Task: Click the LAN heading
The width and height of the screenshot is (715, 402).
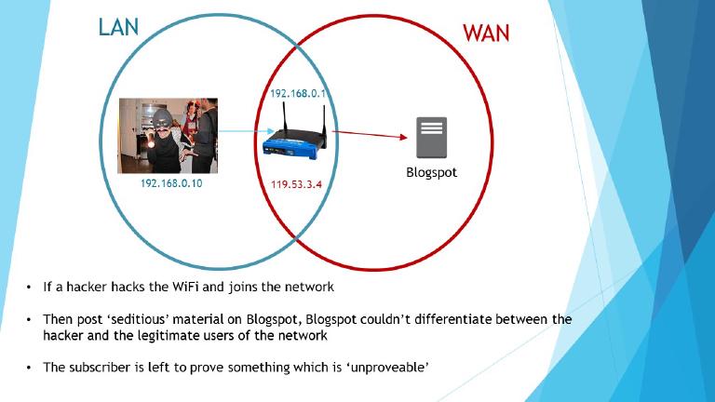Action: point(118,27)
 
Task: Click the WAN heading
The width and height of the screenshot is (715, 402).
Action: point(486,33)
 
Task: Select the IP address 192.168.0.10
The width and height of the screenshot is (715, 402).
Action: point(171,184)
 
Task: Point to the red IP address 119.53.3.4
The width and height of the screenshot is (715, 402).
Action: point(297,184)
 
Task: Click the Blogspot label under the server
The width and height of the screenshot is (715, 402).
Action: point(431,172)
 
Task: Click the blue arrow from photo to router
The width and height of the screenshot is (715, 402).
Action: point(240,132)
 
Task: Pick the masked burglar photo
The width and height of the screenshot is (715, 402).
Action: point(168,136)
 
